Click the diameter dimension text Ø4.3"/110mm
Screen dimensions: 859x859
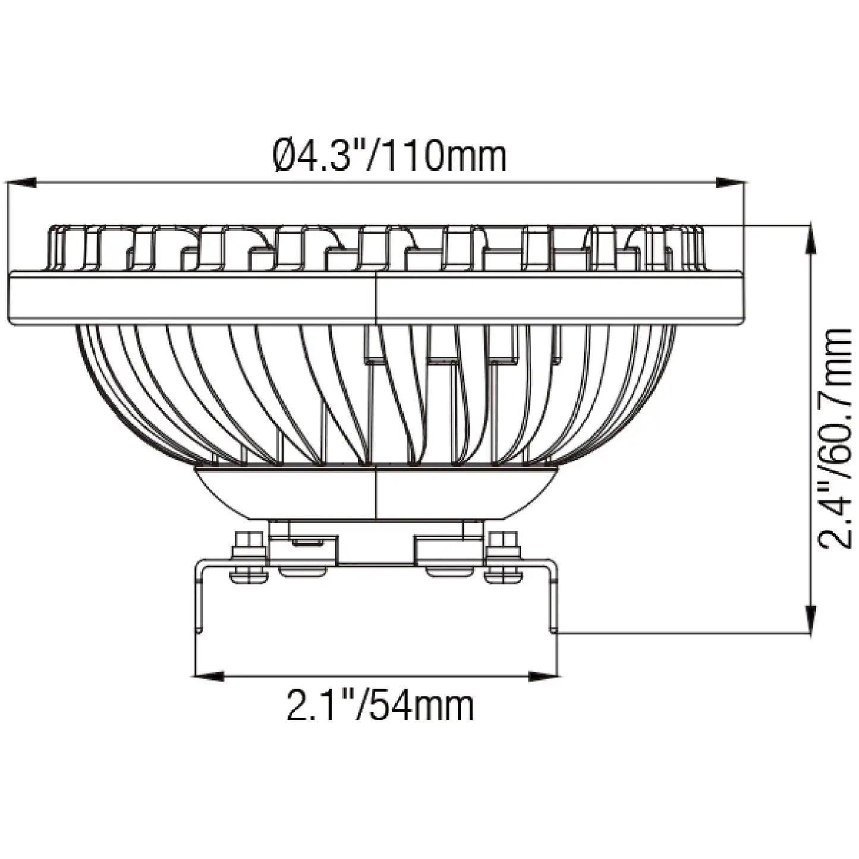click(389, 156)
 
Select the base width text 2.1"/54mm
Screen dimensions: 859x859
click(380, 706)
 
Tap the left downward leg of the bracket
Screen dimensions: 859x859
click(199, 597)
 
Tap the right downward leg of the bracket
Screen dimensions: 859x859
click(554, 597)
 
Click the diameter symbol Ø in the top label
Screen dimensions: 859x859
click(285, 156)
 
